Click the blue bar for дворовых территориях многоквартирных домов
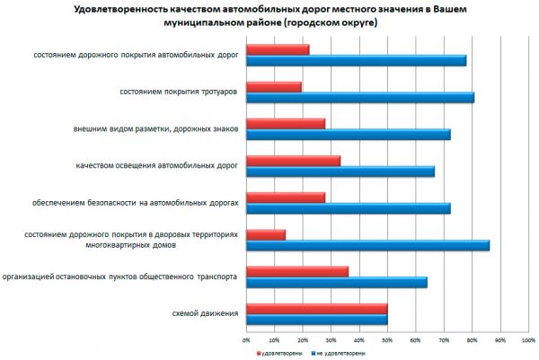pos(367,244)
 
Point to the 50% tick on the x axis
pos(387,340)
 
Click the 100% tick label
pos(528,340)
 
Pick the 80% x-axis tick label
pos(472,340)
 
